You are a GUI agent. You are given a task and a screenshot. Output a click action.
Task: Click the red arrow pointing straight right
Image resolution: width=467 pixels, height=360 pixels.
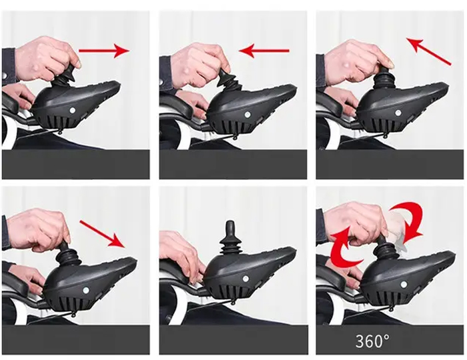[104, 51]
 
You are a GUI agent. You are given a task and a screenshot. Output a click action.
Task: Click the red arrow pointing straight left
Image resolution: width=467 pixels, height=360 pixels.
[264, 51]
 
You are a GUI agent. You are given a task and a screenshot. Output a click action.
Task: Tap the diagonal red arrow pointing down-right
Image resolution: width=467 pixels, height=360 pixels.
[102, 234]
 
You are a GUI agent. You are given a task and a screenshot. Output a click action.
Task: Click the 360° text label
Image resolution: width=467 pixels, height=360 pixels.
[372, 341]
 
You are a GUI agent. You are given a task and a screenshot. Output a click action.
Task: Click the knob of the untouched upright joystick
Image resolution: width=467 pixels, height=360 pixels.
[230, 229]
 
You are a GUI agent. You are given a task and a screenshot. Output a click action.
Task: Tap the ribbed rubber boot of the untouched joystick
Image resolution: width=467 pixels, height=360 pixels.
[230, 247]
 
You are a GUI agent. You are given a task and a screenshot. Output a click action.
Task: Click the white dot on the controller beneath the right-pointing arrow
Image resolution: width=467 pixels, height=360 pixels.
[72, 111]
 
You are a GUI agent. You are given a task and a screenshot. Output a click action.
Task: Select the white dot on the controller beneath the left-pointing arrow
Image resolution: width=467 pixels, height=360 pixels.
[248, 114]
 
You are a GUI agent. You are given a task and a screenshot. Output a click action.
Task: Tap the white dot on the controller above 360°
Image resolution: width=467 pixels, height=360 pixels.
[404, 285]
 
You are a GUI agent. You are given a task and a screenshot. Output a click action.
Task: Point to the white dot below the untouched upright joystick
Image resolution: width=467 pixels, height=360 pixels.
[246, 279]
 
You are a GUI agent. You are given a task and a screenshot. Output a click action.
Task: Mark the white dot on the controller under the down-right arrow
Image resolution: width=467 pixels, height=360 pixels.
[86, 289]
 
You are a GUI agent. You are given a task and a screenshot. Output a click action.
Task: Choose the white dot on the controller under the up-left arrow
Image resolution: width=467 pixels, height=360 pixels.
[398, 113]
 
